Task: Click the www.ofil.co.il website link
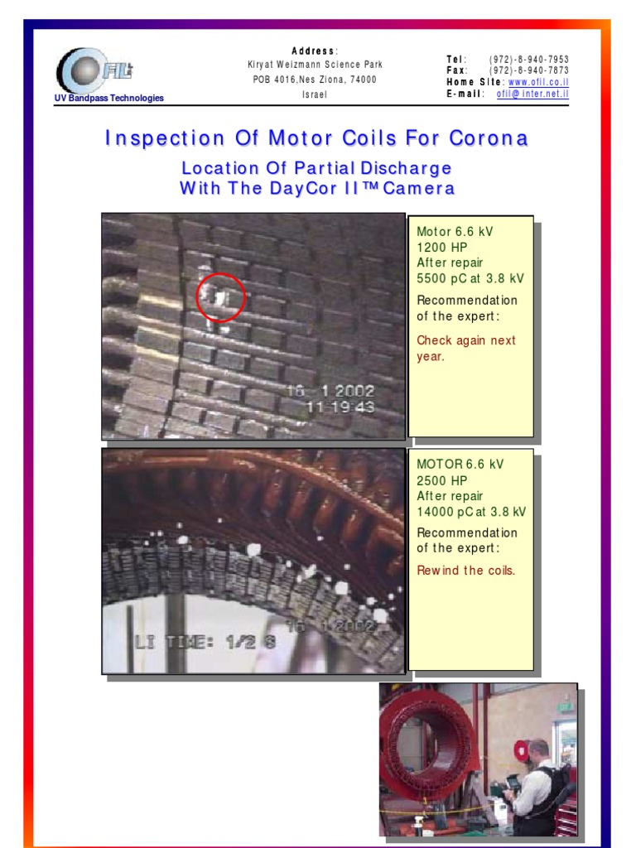pyautogui.click(x=538, y=83)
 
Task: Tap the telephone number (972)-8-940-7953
pyautogui.click(x=529, y=60)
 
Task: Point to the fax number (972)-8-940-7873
pyautogui.click(x=529, y=71)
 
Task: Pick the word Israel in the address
pyautogui.click(x=315, y=94)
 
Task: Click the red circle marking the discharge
pyautogui.click(x=221, y=297)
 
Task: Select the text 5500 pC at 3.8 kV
pyautogui.click(x=470, y=279)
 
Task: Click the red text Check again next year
pyautogui.click(x=465, y=349)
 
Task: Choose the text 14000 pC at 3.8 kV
pyautogui.click(x=471, y=512)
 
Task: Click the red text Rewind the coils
pyautogui.click(x=465, y=571)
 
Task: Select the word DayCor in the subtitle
pyautogui.click(x=301, y=188)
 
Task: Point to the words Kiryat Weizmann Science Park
pyautogui.click(x=315, y=65)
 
